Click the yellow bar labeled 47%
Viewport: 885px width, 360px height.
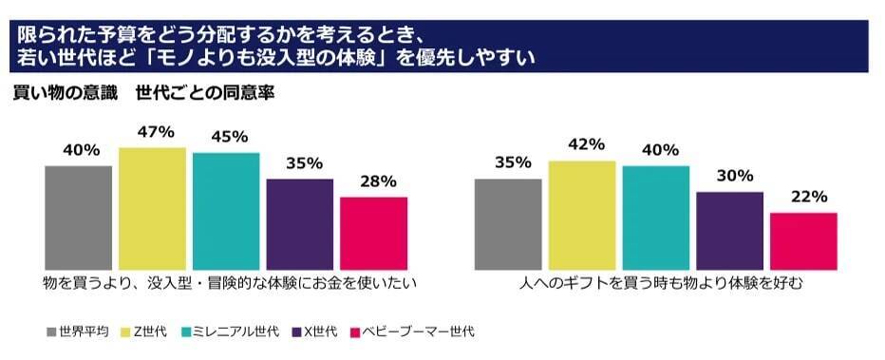pyautogui.click(x=152, y=209)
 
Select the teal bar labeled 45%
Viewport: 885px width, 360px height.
pyautogui.click(x=226, y=211)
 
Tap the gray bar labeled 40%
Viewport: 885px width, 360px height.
pyautogui.click(x=78, y=218)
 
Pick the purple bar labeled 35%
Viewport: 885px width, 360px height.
pyautogui.click(x=300, y=224)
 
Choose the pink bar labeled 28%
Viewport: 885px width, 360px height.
pyautogui.click(x=373, y=234)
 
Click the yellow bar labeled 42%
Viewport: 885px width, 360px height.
pyautogui.click(x=582, y=216)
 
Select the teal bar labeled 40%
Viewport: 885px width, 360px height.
pyautogui.click(x=656, y=218)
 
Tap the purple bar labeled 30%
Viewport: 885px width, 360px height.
pyautogui.click(x=729, y=231)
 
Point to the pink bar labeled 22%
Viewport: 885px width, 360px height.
pyautogui.click(x=803, y=241)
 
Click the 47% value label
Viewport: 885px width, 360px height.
pyautogui.click(x=152, y=131)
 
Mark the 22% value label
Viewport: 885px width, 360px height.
pyautogui.click(x=803, y=197)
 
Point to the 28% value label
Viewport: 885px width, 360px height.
pyautogui.click(x=373, y=180)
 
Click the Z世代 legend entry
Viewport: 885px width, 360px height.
pyautogui.click(x=147, y=332)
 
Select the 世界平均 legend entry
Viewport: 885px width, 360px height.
pyautogui.click(x=77, y=332)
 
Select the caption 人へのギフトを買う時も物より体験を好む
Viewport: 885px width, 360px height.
pyautogui.click(x=656, y=283)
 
